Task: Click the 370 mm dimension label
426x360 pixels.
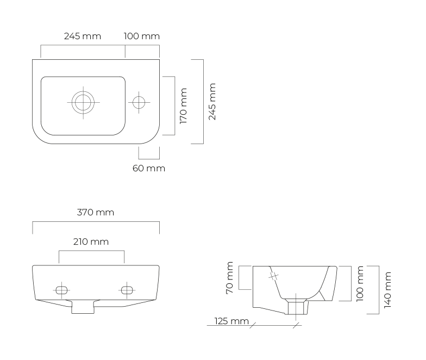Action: coord(96,212)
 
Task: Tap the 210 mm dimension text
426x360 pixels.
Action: coord(91,241)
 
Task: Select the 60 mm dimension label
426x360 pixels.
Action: coord(149,169)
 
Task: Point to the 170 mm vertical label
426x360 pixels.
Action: coord(184,105)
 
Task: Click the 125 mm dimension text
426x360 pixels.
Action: coord(231,321)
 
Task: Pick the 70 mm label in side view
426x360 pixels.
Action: coord(229,277)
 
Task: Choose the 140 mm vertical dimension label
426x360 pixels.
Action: coord(388,290)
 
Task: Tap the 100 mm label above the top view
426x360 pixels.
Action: coord(141,36)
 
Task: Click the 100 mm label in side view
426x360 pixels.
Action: coord(360,284)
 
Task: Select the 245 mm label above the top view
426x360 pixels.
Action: coord(83,36)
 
